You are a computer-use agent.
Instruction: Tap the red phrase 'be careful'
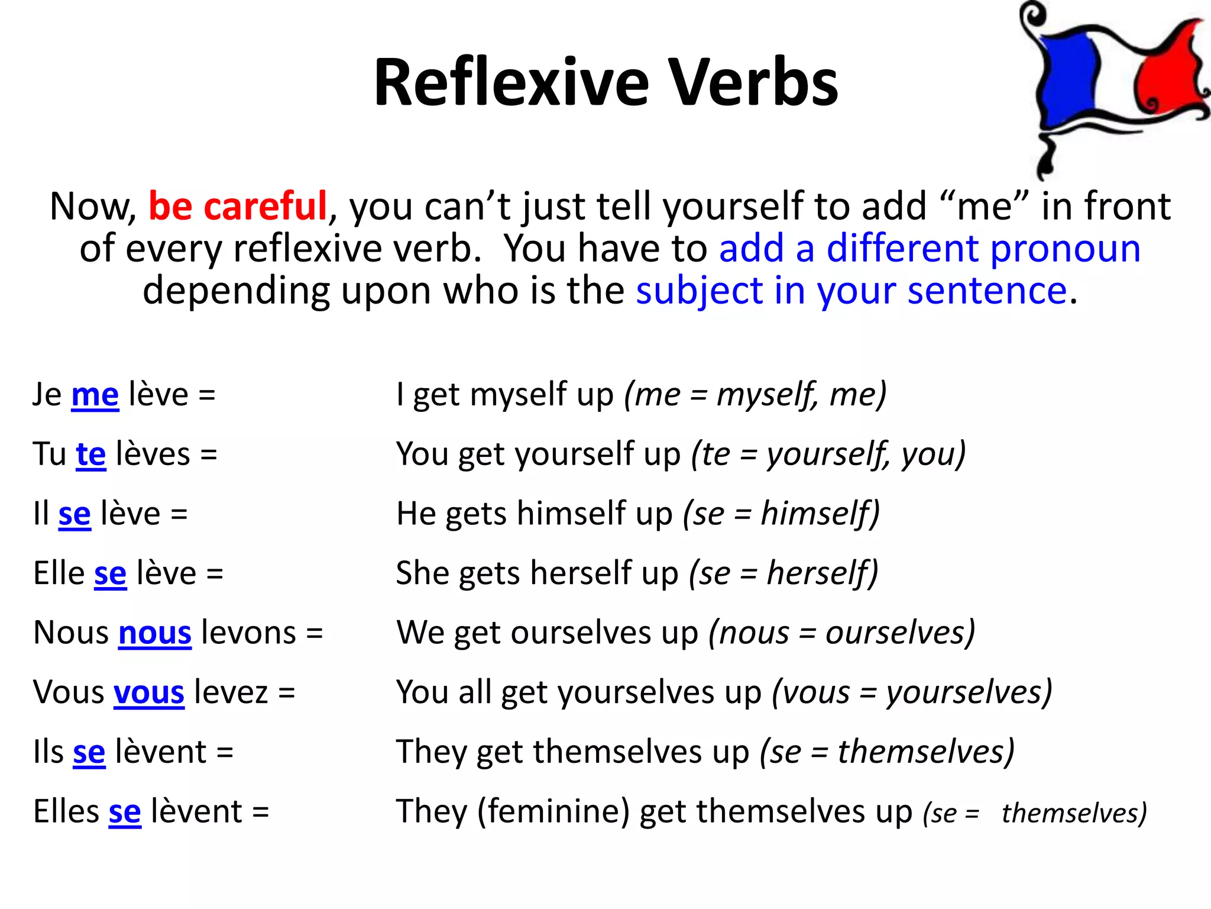click(237, 206)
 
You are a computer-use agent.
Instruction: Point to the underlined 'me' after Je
click(95, 395)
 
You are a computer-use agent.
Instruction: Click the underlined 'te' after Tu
click(91, 454)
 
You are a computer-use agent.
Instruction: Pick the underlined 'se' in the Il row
click(75, 514)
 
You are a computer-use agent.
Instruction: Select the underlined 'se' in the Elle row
click(111, 573)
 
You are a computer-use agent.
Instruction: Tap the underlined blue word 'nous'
click(155, 633)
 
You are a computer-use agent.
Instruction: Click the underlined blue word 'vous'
click(149, 692)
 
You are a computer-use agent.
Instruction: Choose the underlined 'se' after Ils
click(89, 752)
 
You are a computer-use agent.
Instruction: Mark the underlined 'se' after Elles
click(125, 812)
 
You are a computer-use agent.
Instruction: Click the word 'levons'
click(248, 633)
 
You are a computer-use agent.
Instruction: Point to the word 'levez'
click(231, 692)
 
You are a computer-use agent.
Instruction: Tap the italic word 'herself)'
click(823, 573)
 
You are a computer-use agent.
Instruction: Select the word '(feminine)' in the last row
click(553, 812)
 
